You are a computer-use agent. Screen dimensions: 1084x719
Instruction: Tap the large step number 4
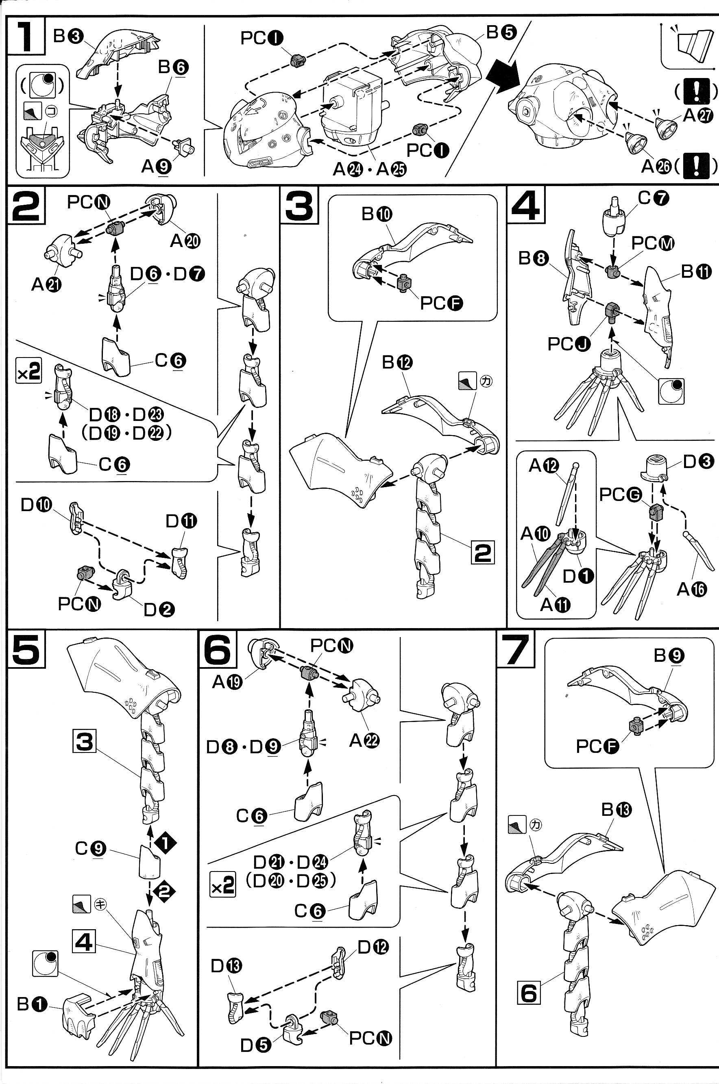tap(526, 204)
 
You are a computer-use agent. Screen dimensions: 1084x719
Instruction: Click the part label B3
tap(68, 36)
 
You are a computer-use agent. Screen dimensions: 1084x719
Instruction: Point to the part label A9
tap(156, 166)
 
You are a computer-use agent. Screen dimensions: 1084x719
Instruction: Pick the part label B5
tap(501, 32)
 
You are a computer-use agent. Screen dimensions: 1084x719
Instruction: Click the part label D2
tap(159, 609)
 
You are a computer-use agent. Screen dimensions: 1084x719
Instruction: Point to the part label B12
tap(397, 362)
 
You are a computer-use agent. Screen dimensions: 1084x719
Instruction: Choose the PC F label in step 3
tap(441, 303)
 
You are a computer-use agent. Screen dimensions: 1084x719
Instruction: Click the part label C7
tap(654, 198)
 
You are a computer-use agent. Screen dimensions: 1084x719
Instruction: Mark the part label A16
tap(691, 589)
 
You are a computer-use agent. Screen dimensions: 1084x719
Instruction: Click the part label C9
tap(90, 848)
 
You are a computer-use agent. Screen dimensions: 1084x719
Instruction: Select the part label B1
tap(32, 1004)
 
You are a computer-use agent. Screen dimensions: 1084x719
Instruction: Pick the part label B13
tap(616, 810)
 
